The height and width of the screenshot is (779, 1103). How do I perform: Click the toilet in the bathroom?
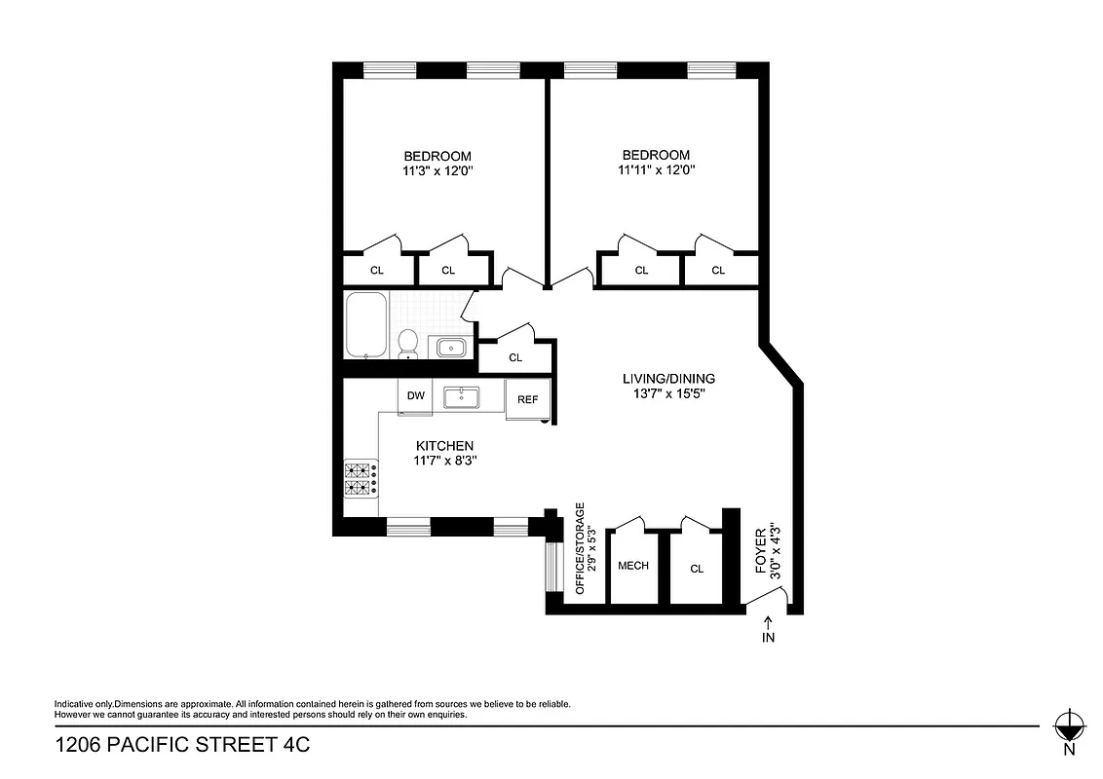pyautogui.click(x=408, y=343)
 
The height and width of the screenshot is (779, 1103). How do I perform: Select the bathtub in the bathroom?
pyautogui.click(x=366, y=325)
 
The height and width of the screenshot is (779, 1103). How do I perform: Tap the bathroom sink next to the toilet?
pyautogui.click(x=451, y=347)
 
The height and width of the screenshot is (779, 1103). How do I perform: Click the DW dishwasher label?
pyautogui.click(x=416, y=395)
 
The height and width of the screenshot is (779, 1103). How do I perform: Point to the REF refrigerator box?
pyautogui.click(x=528, y=399)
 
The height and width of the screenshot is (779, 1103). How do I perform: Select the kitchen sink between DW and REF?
pyautogui.click(x=459, y=396)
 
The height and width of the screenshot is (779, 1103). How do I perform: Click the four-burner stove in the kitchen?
pyautogui.click(x=360, y=479)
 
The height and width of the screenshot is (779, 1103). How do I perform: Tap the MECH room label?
pyautogui.click(x=633, y=566)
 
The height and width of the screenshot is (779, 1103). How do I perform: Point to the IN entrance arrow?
pyautogui.click(x=769, y=632)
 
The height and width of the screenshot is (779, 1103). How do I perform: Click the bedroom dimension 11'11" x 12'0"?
pyautogui.click(x=656, y=169)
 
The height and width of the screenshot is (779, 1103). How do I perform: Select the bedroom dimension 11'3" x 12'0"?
pyautogui.click(x=437, y=170)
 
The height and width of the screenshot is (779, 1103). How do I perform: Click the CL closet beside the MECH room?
pyautogui.click(x=697, y=569)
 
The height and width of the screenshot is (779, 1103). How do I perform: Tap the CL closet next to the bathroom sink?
pyautogui.click(x=515, y=357)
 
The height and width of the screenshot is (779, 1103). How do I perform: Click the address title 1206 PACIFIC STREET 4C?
pyautogui.click(x=182, y=746)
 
